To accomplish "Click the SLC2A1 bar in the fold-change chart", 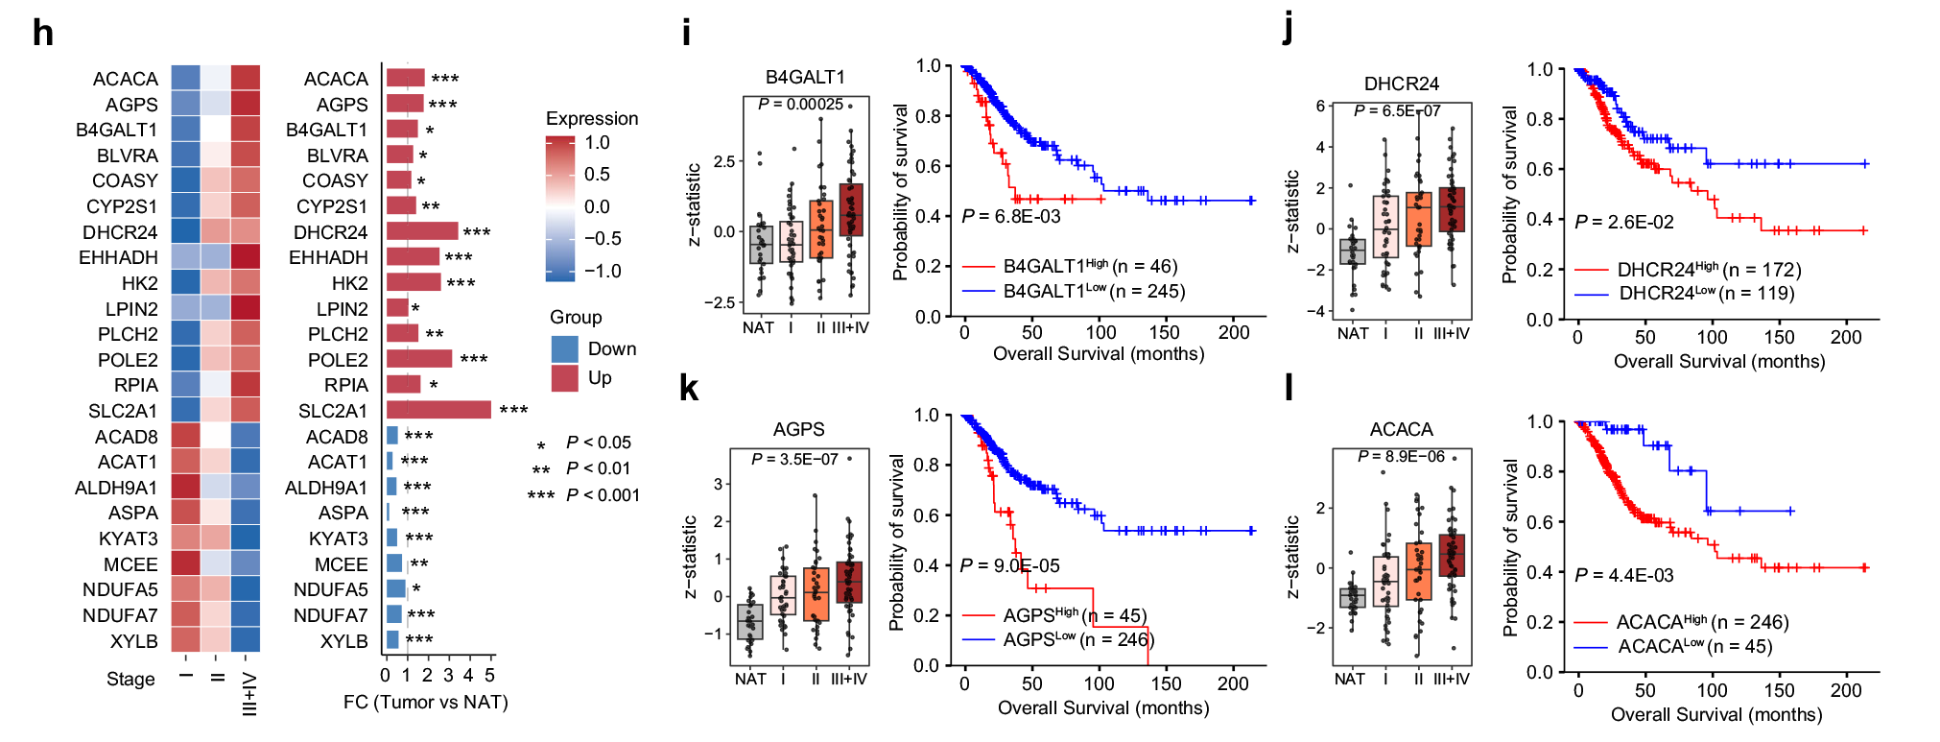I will tap(438, 410).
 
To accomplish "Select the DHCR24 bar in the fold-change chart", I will tap(422, 231).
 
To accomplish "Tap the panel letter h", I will tap(42, 34).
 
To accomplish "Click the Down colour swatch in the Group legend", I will tap(565, 348).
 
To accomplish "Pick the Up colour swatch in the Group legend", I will tap(565, 378).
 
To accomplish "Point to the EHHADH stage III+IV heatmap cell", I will tap(246, 257).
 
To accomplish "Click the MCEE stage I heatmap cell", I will tap(185, 563).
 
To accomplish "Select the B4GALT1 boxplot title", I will tap(805, 77).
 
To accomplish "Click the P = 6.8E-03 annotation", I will tap(1011, 217).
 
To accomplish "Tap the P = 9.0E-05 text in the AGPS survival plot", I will tap(1009, 565).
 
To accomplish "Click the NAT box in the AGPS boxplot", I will tap(749, 622).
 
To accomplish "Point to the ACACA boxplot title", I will tap(1401, 429).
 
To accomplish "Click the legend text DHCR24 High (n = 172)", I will tap(1709, 270).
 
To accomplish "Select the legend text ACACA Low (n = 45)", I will tap(1694, 646).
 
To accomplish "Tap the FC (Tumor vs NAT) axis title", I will tap(425, 702).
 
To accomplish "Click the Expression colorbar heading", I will tap(592, 118).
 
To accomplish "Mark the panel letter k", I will tap(688, 388).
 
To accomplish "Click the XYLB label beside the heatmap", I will tap(133, 640).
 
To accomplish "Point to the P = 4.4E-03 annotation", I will tap(1623, 575).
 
